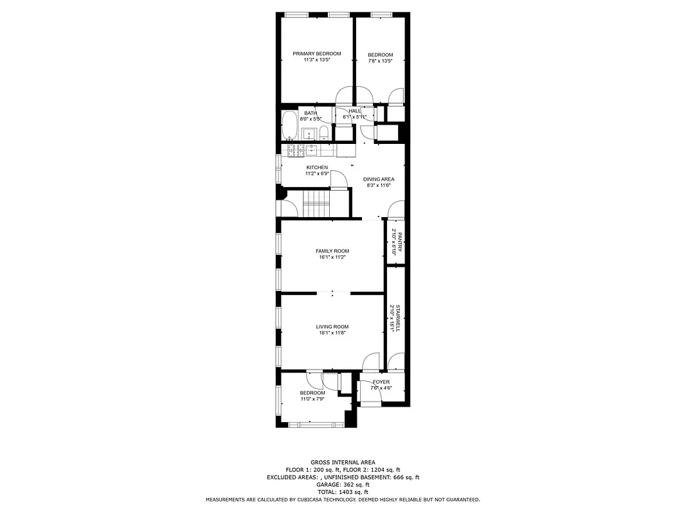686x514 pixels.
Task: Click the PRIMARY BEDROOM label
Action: pos(316,54)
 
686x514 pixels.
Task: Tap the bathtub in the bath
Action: pos(289,126)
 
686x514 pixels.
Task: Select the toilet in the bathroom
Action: pos(325,133)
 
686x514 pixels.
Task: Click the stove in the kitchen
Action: pos(296,150)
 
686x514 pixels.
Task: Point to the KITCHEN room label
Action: pos(316,168)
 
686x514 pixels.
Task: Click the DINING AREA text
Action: pos(379,179)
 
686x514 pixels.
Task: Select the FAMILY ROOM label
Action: pos(332,251)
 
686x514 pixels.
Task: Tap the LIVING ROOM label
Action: pos(332,327)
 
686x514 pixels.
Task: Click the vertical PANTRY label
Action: pos(399,242)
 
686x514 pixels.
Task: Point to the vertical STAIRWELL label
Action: pos(399,318)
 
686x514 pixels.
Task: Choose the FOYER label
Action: pos(381,382)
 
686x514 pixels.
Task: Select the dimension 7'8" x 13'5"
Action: pos(380,61)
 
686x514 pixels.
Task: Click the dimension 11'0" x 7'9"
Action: pos(312,399)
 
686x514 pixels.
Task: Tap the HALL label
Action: pos(355,111)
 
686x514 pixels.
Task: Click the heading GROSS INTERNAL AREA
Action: pos(343,462)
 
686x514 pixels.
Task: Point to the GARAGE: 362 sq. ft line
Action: pos(343,484)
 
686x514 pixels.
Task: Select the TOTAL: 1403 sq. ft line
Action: pos(343,492)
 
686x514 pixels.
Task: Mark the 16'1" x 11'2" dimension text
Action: pos(332,258)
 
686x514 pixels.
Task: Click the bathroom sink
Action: pos(309,134)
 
